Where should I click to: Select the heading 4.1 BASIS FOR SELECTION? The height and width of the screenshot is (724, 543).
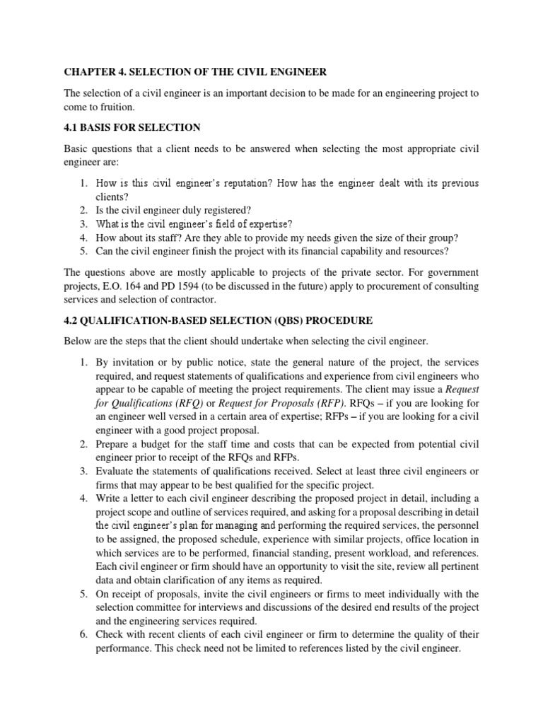tap(132, 127)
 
